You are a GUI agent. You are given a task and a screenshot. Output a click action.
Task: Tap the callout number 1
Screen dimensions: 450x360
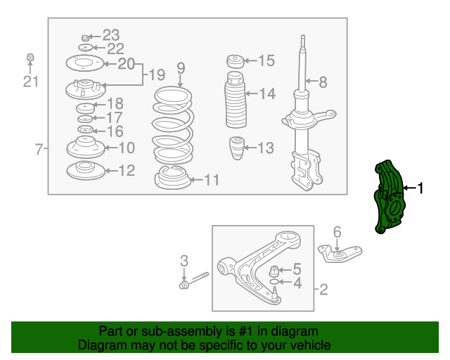click(420, 188)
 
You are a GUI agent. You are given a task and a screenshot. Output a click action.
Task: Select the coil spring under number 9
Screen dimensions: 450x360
click(173, 125)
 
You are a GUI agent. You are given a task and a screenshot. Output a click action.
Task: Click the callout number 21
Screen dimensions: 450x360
click(31, 82)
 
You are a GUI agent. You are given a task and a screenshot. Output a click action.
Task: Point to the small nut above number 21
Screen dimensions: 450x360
click(30, 57)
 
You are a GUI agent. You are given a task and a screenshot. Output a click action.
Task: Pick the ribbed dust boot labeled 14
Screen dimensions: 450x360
click(236, 100)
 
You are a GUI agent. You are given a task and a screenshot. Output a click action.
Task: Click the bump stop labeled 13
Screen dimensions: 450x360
click(237, 148)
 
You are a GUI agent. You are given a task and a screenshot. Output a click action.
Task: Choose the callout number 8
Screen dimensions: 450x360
click(323, 82)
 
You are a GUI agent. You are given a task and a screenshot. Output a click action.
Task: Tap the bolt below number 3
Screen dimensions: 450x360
click(194, 280)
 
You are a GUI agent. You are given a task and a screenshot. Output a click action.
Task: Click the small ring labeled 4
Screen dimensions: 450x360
click(274, 282)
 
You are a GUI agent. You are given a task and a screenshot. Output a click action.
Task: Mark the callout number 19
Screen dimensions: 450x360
click(157, 75)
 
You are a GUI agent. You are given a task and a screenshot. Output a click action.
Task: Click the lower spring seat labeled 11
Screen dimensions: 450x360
click(172, 178)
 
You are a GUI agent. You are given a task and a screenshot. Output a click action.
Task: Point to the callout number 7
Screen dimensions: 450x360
click(39, 149)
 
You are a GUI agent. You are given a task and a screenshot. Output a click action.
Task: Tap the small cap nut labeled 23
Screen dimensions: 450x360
click(84, 37)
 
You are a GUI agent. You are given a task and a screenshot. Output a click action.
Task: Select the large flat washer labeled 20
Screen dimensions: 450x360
click(84, 63)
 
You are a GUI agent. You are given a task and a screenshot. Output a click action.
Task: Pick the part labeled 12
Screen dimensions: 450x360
click(86, 170)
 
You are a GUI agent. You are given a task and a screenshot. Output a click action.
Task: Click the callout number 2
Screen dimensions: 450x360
click(323, 290)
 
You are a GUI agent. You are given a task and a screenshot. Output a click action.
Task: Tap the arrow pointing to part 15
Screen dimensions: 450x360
click(250, 60)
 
